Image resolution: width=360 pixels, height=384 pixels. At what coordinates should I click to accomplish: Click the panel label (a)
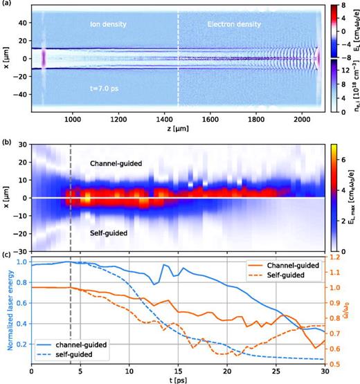pos(6,4)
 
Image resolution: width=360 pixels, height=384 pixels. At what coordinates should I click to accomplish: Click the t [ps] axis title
pos(178,378)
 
